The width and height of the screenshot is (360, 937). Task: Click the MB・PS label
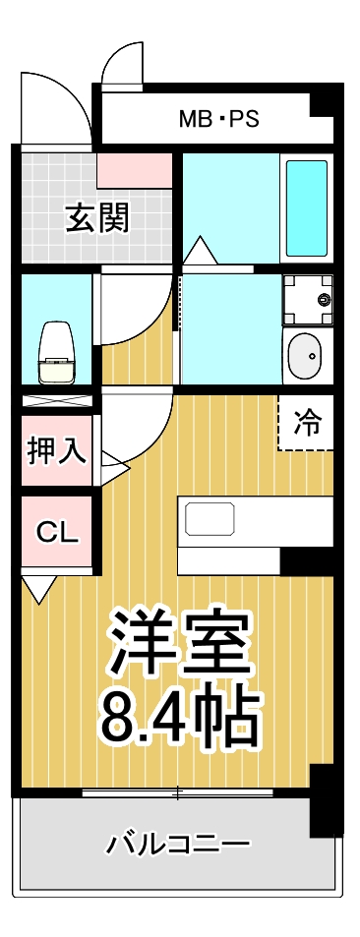[x=218, y=120]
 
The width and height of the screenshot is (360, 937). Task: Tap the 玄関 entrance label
[x=97, y=217]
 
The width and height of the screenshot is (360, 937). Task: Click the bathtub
[x=306, y=207]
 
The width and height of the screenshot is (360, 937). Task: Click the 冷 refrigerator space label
[x=307, y=423]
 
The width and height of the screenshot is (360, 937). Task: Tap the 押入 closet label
[x=57, y=451]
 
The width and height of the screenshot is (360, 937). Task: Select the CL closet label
[x=57, y=532]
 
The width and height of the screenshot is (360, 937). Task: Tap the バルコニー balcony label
[x=178, y=844]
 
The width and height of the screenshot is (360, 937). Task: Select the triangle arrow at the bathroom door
[x=200, y=251]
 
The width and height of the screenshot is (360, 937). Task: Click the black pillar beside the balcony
[x=325, y=798]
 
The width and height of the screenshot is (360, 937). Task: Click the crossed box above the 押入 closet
[x=57, y=403]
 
